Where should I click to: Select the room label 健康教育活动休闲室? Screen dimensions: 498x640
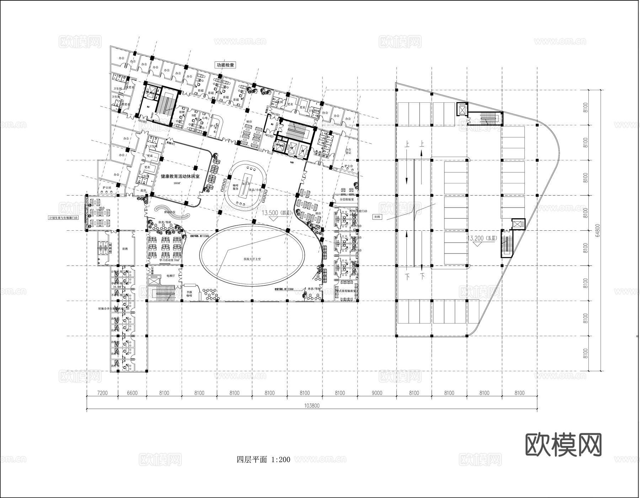pyautogui.click(x=180, y=176)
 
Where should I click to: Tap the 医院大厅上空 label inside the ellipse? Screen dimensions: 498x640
pyautogui.click(x=252, y=259)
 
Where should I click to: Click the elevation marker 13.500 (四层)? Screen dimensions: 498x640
pyautogui.click(x=276, y=213)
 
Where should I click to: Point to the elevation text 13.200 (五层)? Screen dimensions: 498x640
pyautogui.click(x=482, y=238)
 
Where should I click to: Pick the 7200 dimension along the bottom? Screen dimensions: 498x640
pyautogui.click(x=102, y=393)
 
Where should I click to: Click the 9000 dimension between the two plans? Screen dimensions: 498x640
pyautogui.click(x=377, y=393)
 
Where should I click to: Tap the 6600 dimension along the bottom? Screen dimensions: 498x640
pyautogui.click(x=132, y=393)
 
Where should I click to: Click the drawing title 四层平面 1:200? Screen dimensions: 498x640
pyautogui.click(x=263, y=460)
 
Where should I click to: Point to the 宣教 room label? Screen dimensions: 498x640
pyautogui.click(x=125, y=249)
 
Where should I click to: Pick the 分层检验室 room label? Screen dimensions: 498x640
pyautogui.click(x=346, y=200)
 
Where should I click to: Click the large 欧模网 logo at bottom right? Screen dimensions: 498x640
pyautogui.click(x=563, y=444)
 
